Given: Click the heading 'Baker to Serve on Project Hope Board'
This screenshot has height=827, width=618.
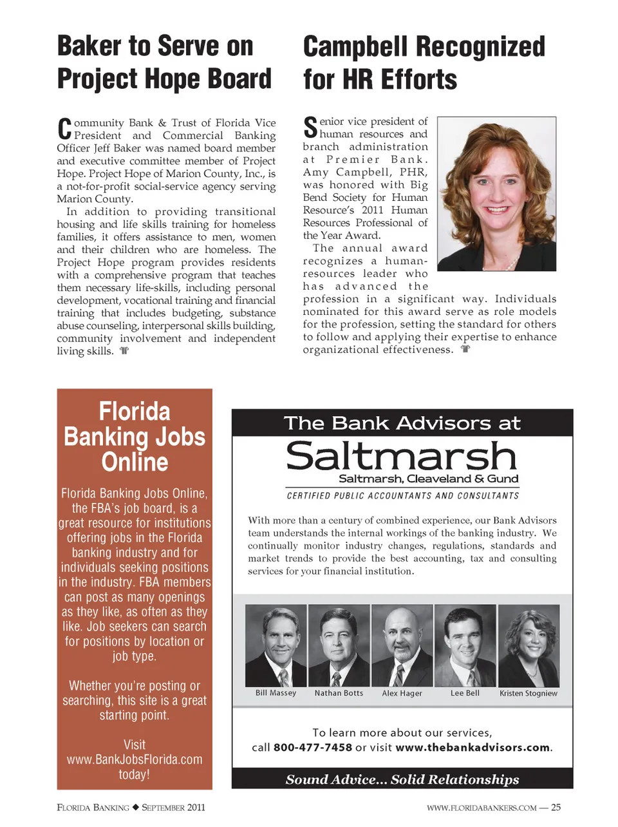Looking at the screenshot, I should pos(164,62).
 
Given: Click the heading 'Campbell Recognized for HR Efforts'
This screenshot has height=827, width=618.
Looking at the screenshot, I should pos(424,63).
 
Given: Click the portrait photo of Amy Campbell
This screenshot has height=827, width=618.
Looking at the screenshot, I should pos(496,193).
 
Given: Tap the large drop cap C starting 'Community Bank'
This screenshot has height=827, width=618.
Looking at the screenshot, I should pos(64,129).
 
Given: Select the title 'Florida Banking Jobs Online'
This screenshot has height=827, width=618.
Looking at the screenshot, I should pos(135,437).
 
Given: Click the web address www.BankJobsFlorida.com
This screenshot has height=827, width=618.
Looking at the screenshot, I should pos(135,759).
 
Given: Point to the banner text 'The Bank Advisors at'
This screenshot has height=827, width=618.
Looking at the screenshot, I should pos(402,423).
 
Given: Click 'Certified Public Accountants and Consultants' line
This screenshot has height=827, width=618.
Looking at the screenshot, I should pos(402,496).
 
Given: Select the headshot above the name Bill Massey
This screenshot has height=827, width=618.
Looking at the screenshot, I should pos(276,646).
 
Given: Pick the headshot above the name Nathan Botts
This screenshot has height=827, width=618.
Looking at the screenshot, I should pos(339,646).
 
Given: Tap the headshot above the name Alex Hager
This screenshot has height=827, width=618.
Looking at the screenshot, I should pos(402,646).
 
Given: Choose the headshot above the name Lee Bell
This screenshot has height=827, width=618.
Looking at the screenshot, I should pos(465,646).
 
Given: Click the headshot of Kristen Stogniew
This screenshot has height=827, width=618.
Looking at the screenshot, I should pos(529,646).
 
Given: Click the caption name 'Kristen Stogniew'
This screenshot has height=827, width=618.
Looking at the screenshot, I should pos(529,693).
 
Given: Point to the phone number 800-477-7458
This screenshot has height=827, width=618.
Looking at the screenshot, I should pos(313,748).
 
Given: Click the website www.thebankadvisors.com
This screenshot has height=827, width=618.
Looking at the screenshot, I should pos(473,748).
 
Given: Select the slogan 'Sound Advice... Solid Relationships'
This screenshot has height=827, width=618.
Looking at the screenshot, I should pos(402,779).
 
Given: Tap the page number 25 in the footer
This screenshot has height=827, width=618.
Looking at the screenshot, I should pos(556,807).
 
